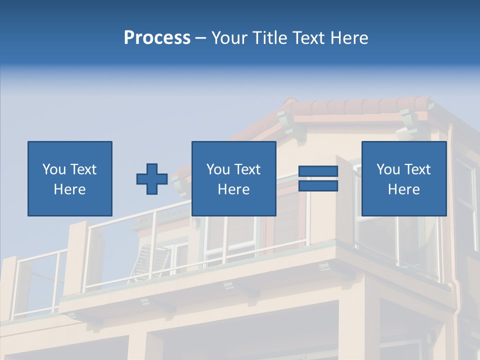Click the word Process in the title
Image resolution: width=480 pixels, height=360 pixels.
point(157,38)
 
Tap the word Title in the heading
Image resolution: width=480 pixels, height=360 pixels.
point(270,38)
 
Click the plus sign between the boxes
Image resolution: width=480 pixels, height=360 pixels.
point(152,179)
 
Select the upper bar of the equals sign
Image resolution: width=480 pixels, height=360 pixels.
point(318,171)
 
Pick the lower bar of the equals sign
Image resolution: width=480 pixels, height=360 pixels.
point(318,185)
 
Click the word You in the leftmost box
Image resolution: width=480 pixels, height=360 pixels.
point(54,169)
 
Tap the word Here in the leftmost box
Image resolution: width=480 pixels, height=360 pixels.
point(69,189)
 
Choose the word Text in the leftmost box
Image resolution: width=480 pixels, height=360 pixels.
point(83,169)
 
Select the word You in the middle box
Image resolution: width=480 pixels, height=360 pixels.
point(218,169)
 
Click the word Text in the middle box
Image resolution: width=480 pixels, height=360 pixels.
point(247,169)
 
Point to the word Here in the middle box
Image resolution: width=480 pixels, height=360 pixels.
point(233,189)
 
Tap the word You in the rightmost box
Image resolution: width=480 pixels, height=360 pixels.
point(388,169)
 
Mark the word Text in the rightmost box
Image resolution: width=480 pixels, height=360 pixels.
point(417,169)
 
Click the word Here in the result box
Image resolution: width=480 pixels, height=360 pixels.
point(403,189)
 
